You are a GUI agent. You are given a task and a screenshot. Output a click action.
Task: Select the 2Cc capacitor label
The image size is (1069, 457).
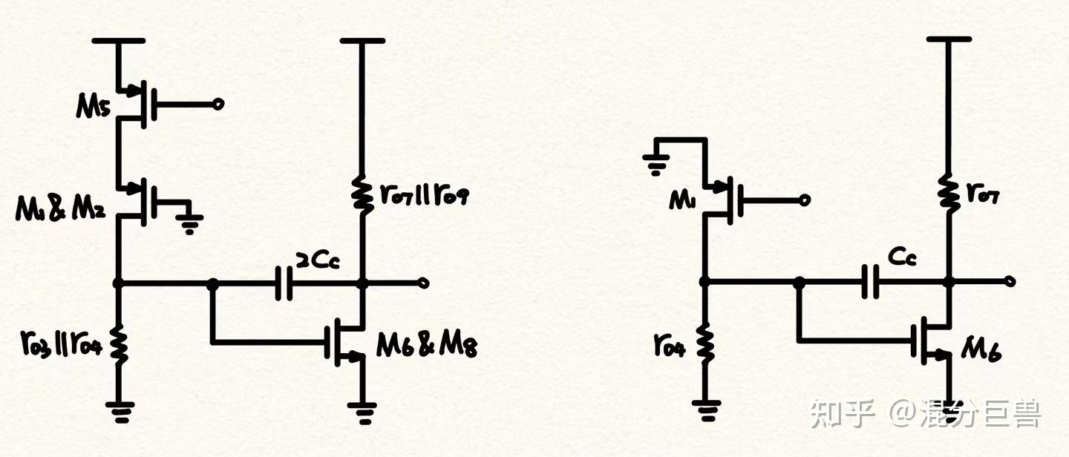[318, 260]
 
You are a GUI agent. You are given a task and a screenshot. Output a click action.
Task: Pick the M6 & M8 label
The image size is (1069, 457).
[426, 344]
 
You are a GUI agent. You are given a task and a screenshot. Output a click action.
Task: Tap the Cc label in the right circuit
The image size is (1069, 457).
[901, 257]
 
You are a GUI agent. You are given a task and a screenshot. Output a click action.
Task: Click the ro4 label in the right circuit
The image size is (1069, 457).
[669, 343]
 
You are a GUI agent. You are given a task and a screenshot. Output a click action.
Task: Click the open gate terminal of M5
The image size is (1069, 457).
[218, 105]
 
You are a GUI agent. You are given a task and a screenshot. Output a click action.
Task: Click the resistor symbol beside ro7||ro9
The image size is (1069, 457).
[362, 194]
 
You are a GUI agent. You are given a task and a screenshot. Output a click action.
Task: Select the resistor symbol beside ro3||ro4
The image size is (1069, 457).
[117, 343]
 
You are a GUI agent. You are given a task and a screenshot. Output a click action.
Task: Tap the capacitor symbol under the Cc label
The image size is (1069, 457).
[869, 283]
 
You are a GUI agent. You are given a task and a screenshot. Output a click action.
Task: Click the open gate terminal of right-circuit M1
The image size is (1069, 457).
[805, 200]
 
